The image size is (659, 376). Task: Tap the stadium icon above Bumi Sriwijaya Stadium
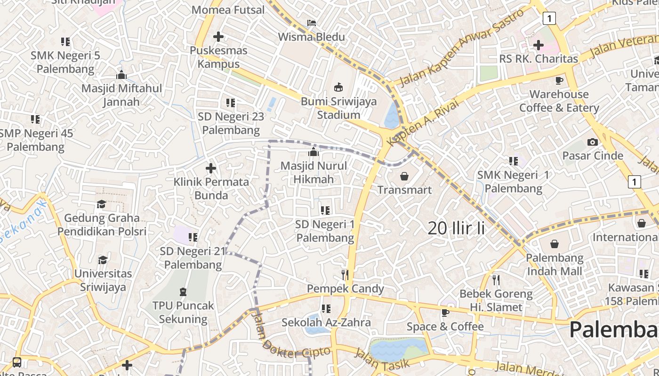(x=338, y=87)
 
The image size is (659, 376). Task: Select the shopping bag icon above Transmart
(x=404, y=176)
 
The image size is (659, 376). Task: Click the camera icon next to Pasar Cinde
(x=593, y=142)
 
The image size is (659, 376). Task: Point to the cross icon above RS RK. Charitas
(x=538, y=45)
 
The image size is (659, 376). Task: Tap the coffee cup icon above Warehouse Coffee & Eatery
(x=559, y=80)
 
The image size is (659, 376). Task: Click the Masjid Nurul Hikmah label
(x=313, y=172)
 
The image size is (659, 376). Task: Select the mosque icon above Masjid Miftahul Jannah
(x=121, y=75)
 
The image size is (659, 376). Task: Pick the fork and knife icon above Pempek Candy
(x=346, y=275)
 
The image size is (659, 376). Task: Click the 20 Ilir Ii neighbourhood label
(x=456, y=228)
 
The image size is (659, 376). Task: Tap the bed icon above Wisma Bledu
(x=312, y=23)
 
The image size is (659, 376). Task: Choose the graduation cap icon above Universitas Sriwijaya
(x=103, y=260)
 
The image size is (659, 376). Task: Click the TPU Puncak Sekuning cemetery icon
(x=183, y=292)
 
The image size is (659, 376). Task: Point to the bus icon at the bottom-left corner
(x=17, y=362)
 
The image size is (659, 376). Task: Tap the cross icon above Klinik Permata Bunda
(x=211, y=168)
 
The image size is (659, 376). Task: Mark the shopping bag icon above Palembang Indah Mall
(x=555, y=244)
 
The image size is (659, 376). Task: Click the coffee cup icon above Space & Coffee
(x=445, y=313)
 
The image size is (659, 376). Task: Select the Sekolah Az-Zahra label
(x=326, y=322)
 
